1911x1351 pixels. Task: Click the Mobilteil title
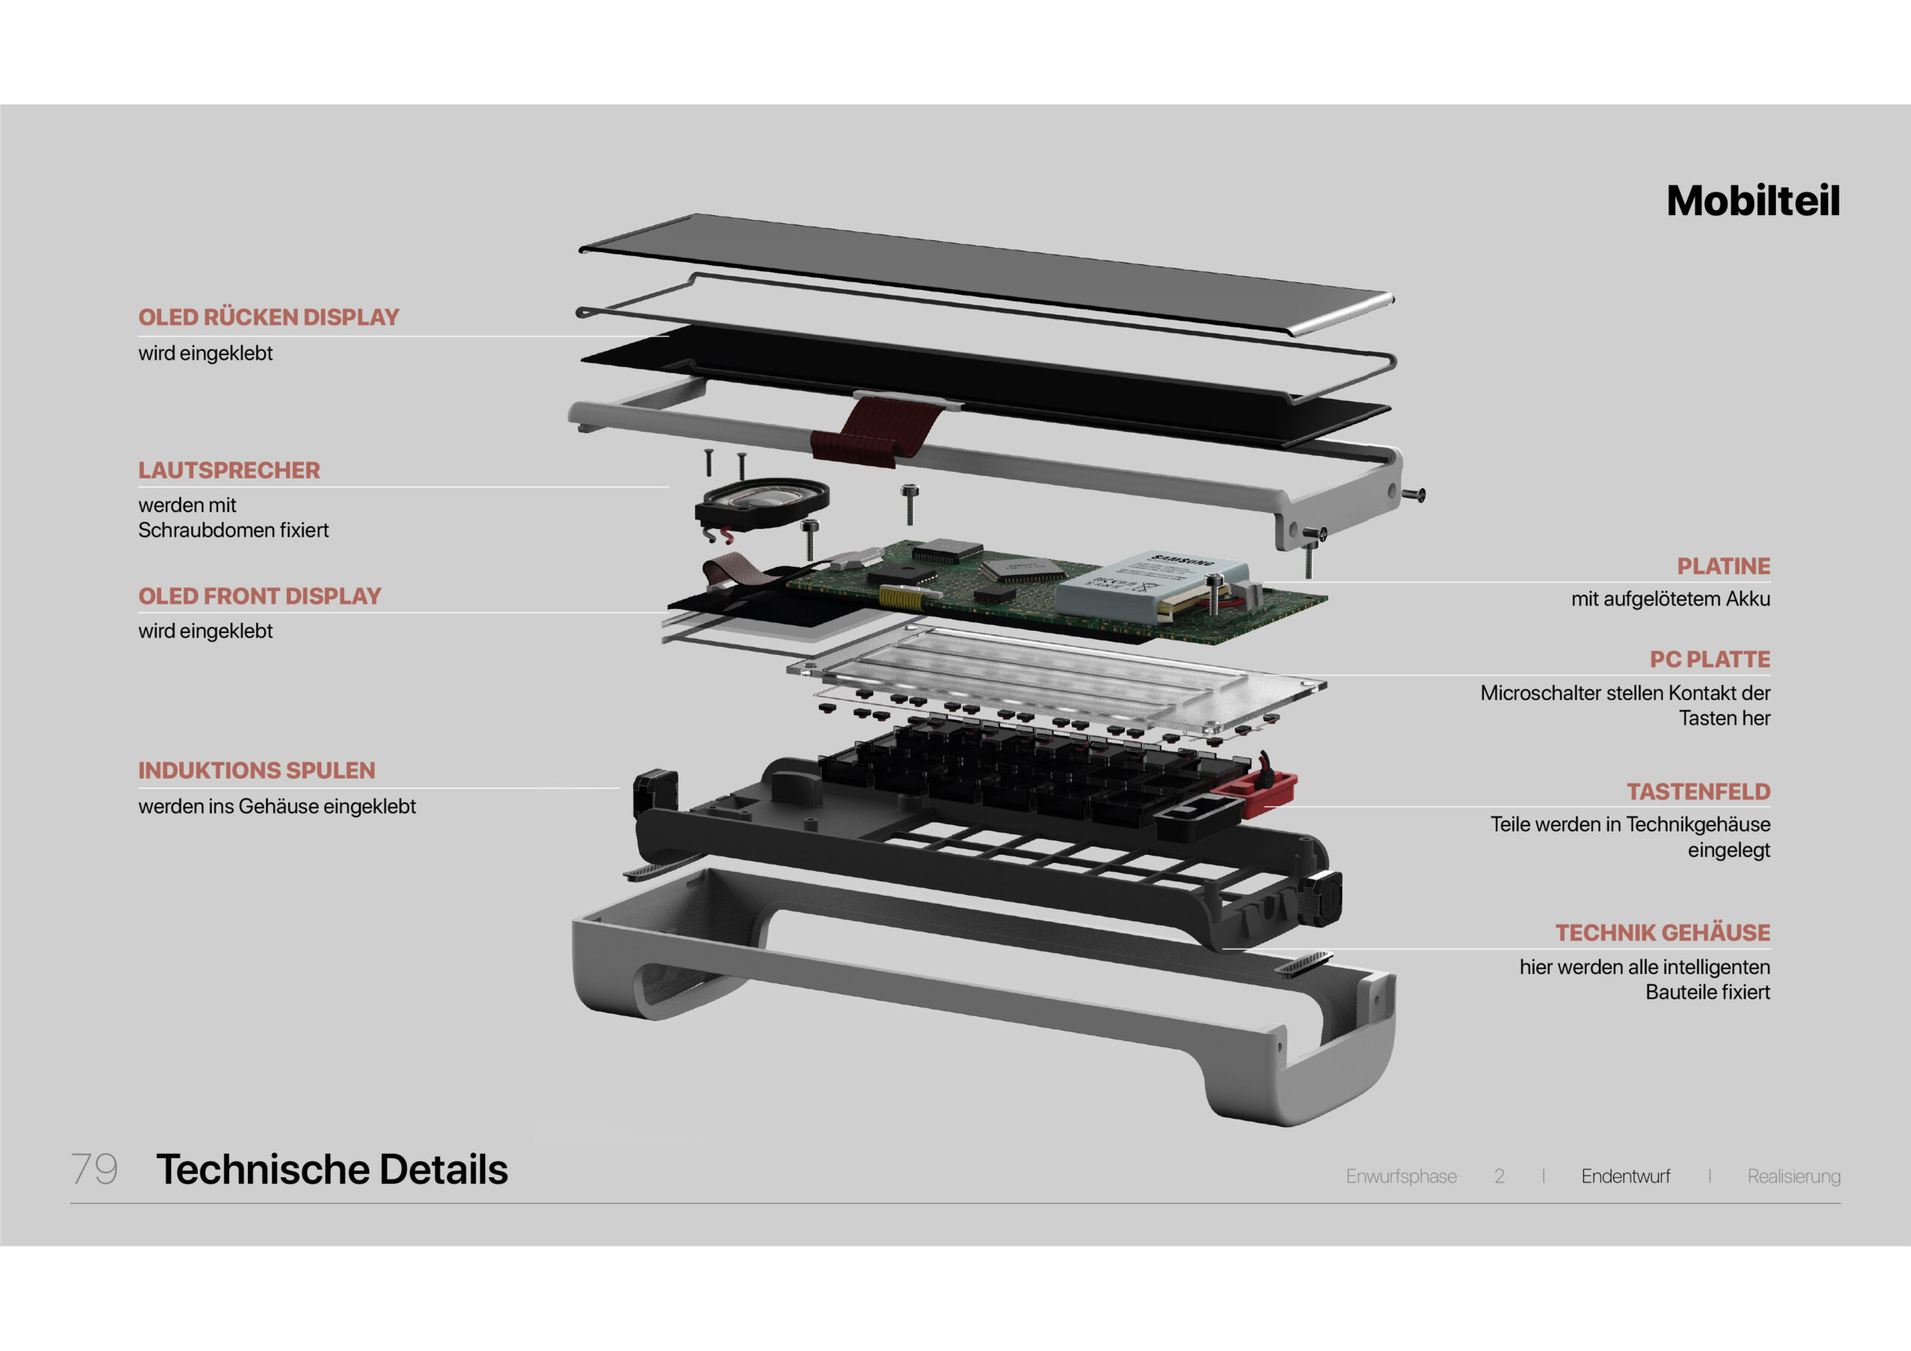[x=1752, y=202]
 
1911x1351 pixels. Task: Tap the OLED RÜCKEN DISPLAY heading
[x=268, y=317]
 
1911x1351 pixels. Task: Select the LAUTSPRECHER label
[x=229, y=470]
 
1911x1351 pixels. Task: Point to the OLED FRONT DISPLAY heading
[x=259, y=596]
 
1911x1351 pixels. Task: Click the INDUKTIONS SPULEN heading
[x=256, y=770]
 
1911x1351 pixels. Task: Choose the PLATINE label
[x=1723, y=566]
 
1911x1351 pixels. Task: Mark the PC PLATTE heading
[x=1709, y=659]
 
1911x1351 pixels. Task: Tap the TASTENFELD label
[x=1698, y=792]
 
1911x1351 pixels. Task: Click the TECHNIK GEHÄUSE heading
[x=1662, y=932]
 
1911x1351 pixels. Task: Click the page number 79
[x=94, y=1169]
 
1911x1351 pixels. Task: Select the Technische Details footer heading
[x=331, y=1169]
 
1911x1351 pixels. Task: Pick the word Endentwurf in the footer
[x=1624, y=1176]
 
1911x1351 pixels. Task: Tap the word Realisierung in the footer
[x=1794, y=1176]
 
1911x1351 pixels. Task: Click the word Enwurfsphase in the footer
[x=1401, y=1176]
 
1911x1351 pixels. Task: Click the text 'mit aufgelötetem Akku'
[x=1670, y=599]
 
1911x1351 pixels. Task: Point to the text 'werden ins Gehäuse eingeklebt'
[x=276, y=806]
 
